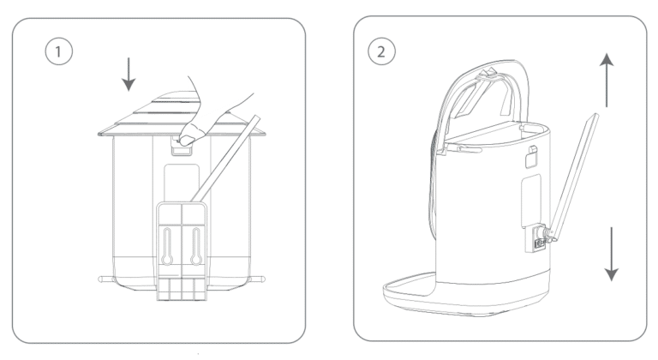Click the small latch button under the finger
[x=180, y=147]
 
